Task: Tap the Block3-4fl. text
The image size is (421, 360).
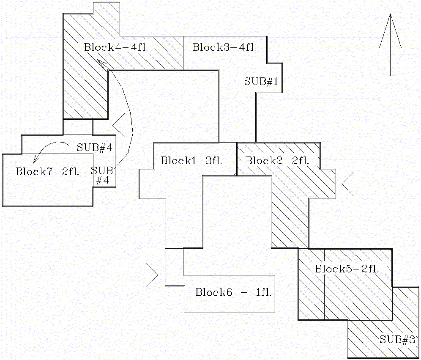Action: [224, 47]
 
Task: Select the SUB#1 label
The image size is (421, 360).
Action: [261, 82]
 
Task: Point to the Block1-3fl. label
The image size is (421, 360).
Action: [191, 161]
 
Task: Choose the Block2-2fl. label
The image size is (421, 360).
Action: [277, 161]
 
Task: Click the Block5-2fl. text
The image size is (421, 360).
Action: [347, 269]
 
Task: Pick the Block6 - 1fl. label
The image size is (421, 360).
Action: [233, 292]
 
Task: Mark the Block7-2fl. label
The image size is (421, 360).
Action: [48, 172]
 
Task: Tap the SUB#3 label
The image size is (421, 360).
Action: [396, 339]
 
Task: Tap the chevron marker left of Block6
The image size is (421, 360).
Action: [152, 275]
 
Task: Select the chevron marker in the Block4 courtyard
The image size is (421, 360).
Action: [119, 125]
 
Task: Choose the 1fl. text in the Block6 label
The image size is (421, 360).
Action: [263, 292]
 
